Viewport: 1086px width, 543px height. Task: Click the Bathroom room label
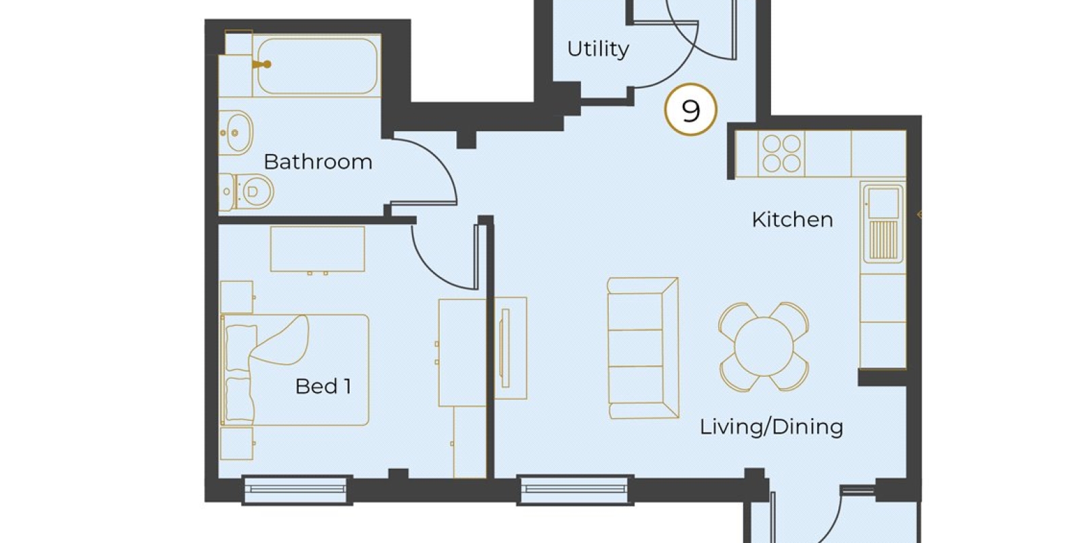[x=318, y=162]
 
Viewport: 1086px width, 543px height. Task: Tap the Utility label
[x=598, y=49]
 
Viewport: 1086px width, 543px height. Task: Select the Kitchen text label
[x=793, y=220]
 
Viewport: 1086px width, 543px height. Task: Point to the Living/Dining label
[x=771, y=427]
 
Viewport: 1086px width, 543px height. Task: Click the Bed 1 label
[x=323, y=386]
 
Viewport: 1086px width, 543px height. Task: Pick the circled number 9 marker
[x=691, y=109]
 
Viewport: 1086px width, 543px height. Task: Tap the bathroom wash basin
[x=236, y=132]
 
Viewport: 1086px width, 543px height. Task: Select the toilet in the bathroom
[x=246, y=192]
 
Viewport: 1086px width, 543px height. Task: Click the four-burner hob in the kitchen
[x=781, y=153]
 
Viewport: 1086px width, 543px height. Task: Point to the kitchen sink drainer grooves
[x=883, y=240]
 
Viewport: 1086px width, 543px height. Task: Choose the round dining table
[x=764, y=346]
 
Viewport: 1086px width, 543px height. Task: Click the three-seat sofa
[x=643, y=348]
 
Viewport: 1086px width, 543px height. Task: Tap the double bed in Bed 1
[x=295, y=370]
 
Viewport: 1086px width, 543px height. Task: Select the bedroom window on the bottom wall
[x=297, y=489]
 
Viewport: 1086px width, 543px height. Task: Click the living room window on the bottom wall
[x=575, y=489]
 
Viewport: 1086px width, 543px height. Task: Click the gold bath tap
[x=262, y=64]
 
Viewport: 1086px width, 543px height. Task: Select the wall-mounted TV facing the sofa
[x=505, y=348]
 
